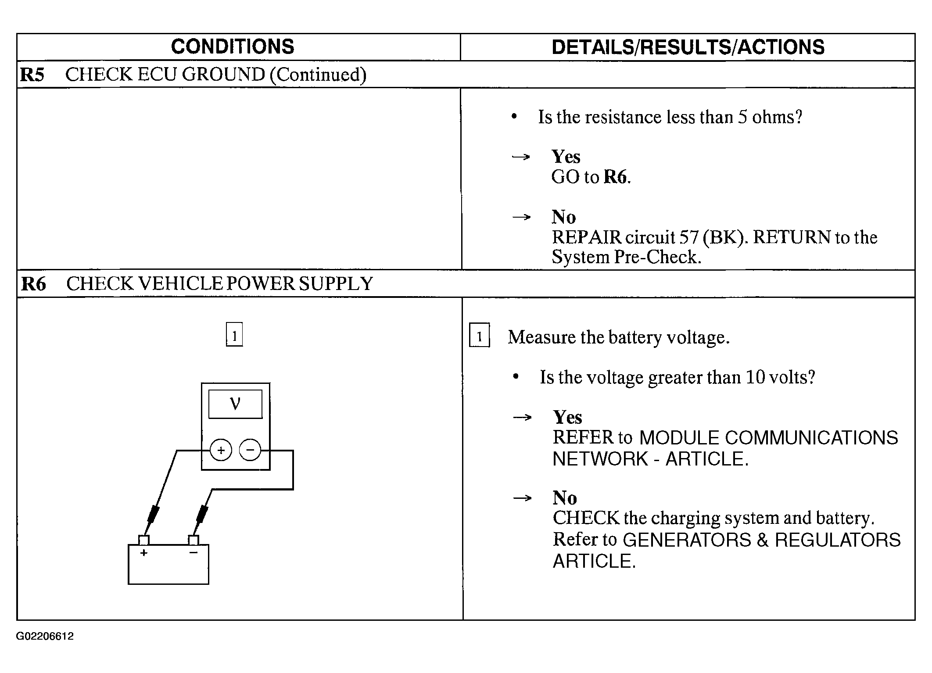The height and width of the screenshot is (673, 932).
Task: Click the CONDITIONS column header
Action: [232, 47]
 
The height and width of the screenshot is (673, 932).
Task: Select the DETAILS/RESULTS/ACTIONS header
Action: [688, 47]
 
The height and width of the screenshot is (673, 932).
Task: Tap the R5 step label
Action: [32, 75]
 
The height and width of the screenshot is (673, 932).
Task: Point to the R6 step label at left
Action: [33, 284]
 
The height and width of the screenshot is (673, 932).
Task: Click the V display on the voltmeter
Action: [235, 404]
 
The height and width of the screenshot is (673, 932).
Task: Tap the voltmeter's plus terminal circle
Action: [221, 450]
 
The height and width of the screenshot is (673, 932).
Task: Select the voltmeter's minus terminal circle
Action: [250, 450]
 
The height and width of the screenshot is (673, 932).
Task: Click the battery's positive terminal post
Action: [144, 540]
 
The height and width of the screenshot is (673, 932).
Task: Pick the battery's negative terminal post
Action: [193, 540]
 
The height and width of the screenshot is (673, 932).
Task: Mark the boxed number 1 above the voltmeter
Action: [234, 335]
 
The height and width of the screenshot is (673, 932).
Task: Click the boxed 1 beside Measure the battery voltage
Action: [479, 336]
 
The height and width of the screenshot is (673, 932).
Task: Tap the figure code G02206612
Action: [45, 636]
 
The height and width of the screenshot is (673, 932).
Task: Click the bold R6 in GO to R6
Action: [616, 177]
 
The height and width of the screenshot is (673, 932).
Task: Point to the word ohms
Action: [777, 117]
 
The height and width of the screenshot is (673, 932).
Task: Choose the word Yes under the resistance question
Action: [566, 157]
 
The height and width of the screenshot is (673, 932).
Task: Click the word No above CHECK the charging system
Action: [565, 498]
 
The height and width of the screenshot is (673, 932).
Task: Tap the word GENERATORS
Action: [687, 540]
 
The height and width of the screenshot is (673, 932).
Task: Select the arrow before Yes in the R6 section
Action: [522, 417]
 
